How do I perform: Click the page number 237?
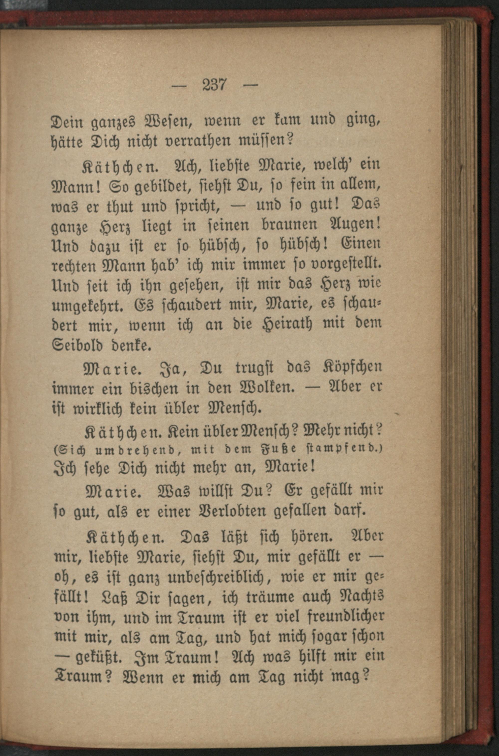[214, 85]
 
